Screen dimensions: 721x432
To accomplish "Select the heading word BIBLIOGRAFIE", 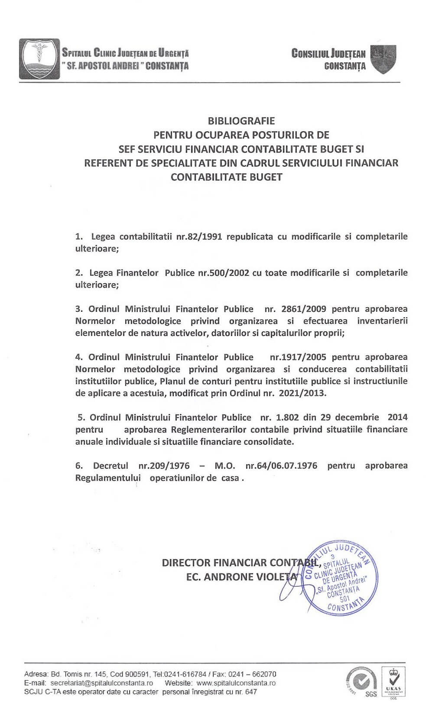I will click(x=241, y=120).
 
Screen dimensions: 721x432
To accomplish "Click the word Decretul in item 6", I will click(x=110, y=466).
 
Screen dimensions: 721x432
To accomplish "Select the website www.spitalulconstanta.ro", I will click(x=236, y=683).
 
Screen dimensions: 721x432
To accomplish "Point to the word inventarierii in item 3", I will click(x=382, y=321).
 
